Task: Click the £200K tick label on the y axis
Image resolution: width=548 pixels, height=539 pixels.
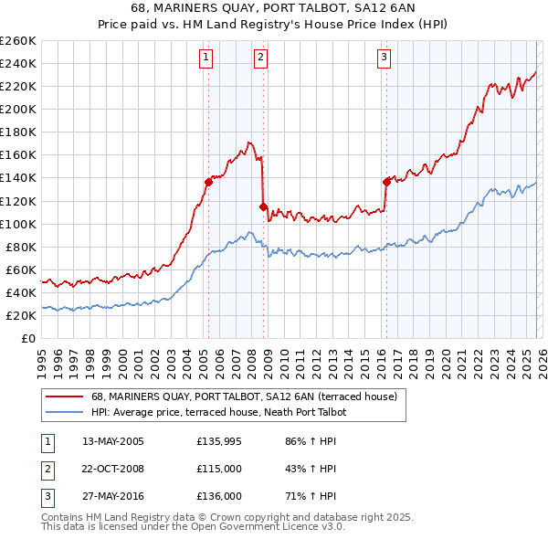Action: tap(18, 109)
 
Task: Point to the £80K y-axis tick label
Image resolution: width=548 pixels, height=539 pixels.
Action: tap(21, 247)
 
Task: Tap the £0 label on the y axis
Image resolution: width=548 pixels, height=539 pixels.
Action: tap(28, 338)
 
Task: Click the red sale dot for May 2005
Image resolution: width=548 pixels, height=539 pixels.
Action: tap(208, 182)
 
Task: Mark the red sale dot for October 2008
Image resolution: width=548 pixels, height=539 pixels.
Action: tap(264, 206)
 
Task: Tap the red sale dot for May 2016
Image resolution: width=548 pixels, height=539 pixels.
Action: tap(386, 181)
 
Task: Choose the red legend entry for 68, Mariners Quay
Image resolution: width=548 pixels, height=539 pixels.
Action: tap(243, 396)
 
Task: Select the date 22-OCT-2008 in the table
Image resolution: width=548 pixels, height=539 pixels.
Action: tap(113, 469)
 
